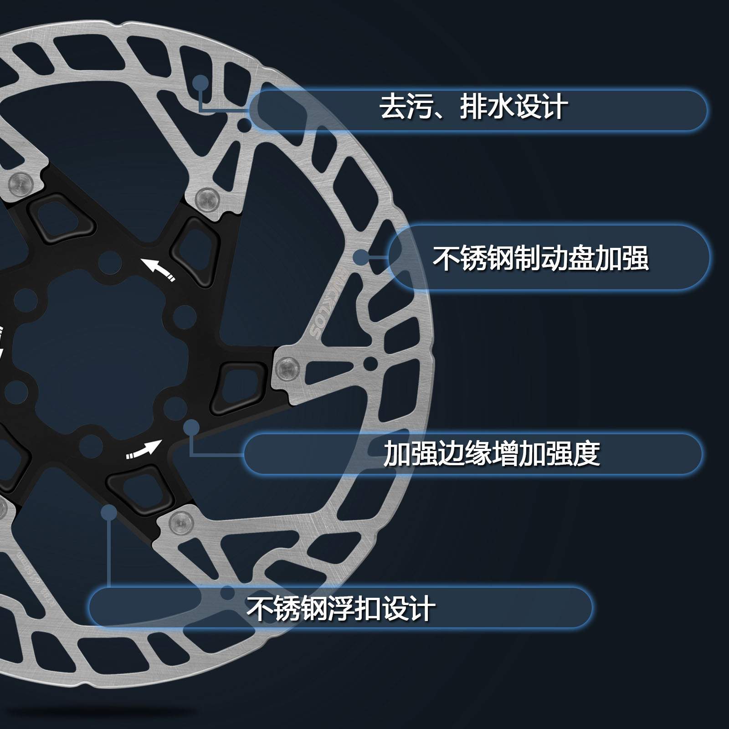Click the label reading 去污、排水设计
pos(474,108)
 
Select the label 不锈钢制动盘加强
pos(540,258)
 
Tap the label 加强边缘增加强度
pos(491,453)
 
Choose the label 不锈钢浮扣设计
pos(341,608)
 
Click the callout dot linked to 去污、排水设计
pos(200,83)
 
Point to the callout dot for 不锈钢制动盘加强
pos(360,257)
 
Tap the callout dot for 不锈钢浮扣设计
pos(109,513)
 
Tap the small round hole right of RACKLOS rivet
pos(370,363)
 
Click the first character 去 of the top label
pos(393,108)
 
